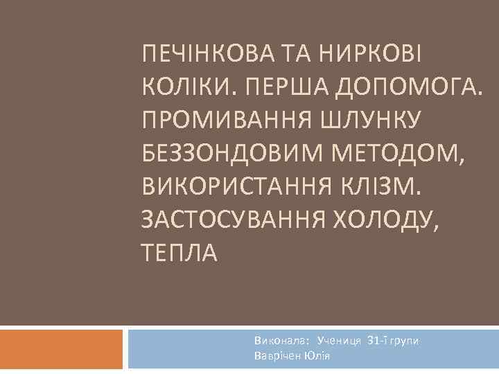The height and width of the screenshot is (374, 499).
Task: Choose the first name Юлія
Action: click(317, 355)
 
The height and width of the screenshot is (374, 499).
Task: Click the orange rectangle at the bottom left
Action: click(62, 349)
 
